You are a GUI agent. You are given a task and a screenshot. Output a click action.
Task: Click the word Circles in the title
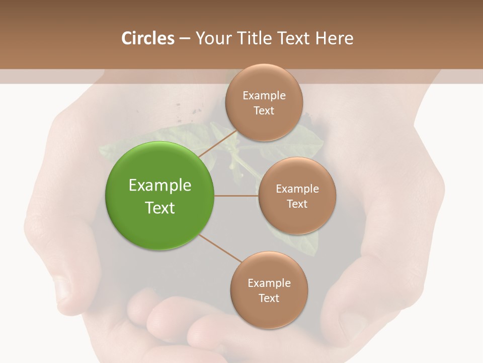(x=147, y=38)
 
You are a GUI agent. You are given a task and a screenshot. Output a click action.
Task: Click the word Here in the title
(x=335, y=38)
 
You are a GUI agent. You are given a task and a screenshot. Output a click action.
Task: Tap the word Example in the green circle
(x=159, y=186)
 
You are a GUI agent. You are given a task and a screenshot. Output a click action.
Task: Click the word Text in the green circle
(x=159, y=208)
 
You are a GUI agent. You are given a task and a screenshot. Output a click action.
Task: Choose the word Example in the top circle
(x=264, y=96)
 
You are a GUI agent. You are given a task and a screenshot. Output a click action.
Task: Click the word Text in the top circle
(x=264, y=110)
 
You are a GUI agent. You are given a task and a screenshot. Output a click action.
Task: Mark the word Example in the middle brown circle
(x=297, y=189)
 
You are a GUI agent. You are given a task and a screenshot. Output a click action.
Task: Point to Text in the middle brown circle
(x=297, y=204)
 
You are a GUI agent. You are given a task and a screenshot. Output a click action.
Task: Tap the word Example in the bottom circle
(x=269, y=283)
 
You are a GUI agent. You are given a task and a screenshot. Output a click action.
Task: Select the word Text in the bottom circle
(x=269, y=298)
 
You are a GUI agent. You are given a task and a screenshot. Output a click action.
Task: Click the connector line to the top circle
(x=217, y=144)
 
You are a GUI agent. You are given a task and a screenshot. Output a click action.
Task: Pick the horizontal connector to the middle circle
(x=236, y=196)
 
